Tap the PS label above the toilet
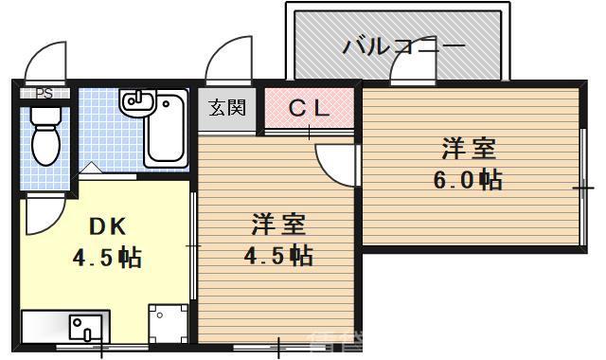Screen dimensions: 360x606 (44, 94)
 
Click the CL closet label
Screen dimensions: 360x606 (309, 109)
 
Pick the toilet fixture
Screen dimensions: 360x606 (45, 136)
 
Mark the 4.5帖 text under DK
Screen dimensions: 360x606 (107, 258)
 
